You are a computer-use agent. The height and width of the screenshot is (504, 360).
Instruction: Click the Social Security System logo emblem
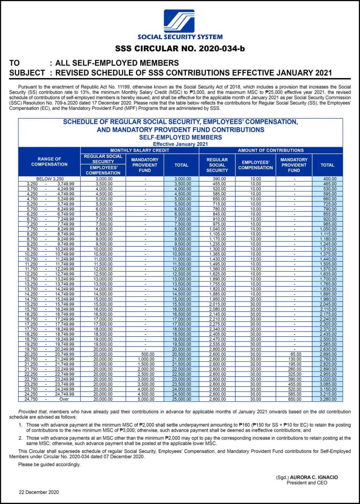tap(180, 21)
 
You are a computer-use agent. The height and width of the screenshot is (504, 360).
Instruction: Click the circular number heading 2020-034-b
tap(180, 49)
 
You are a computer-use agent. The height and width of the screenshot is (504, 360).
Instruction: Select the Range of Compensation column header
tap(49, 161)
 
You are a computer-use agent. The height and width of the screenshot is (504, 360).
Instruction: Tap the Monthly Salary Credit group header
tap(139, 150)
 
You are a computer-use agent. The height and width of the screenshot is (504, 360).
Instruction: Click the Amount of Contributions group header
tap(271, 150)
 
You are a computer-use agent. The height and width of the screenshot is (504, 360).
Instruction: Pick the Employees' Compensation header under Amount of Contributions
tap(255, 165)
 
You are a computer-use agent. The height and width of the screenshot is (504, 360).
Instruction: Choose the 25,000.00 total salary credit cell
tap(181, 399)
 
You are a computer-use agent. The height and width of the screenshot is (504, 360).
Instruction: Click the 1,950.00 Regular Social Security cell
tap(218, 299)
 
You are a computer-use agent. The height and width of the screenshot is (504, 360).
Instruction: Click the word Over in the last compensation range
tap(64, 399)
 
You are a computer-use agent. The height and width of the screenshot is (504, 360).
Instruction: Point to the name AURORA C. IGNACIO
tap(314, 477)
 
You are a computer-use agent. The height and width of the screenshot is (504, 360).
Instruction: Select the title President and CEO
tap(307, 483)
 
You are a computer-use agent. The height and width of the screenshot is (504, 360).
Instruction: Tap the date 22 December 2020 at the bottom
tap(39, 492)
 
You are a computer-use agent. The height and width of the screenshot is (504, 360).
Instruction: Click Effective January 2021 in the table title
tap(180, 144)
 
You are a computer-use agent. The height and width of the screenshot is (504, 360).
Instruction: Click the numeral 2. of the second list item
tap(20, 438)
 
